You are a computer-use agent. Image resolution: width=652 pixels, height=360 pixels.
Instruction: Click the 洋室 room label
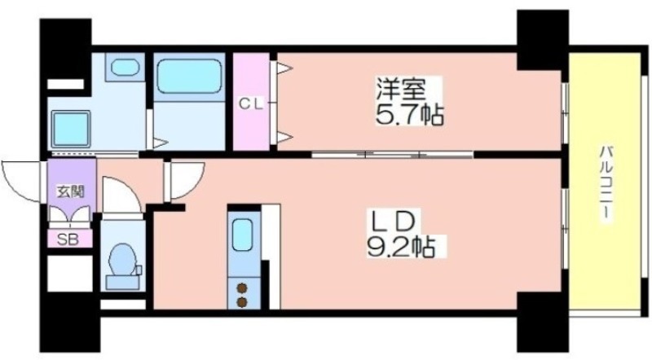pyautogui.click(x=401, y=89)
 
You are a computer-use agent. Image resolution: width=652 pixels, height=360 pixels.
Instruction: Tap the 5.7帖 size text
pyautogui.click(x=410, y=115)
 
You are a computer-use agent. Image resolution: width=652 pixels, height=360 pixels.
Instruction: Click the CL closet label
pyautogui.click(x=251, y=104)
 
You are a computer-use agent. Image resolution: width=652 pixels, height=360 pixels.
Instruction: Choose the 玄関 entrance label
pyautogui.click(x=71, y=191)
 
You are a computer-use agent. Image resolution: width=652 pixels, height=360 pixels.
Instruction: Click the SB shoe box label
pyautogui.click(x=68, y=239)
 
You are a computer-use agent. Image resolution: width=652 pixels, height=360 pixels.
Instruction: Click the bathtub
pyautogui.click(x=189, y=77)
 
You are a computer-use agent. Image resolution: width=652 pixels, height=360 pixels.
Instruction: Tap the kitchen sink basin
pyautogui.click(x=242, y=235)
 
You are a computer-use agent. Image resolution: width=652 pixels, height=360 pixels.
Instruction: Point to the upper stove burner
pyautogui.click(x=241, y=288)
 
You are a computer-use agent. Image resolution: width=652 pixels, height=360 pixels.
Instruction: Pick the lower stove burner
pyautogui.click(x=241, y=302)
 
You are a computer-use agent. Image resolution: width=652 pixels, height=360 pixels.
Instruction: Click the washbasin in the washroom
pyautogui.click(x=125, y=67)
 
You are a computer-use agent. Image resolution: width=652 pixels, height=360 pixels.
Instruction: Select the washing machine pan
pyautogui.click(x=71, y=130)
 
